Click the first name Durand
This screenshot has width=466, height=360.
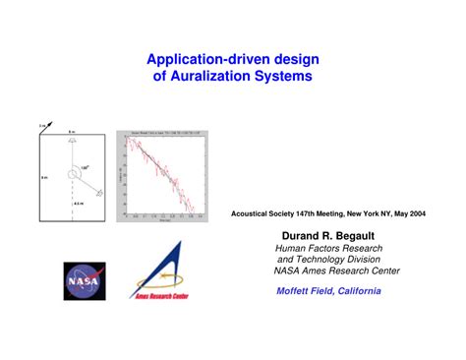pos(291,237)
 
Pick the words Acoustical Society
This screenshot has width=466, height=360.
pos(264,211)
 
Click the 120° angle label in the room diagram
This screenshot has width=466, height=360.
pos(86,167)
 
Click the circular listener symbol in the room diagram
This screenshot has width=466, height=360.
pos(74,176)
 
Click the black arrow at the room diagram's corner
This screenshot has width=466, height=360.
pos(42,127)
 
